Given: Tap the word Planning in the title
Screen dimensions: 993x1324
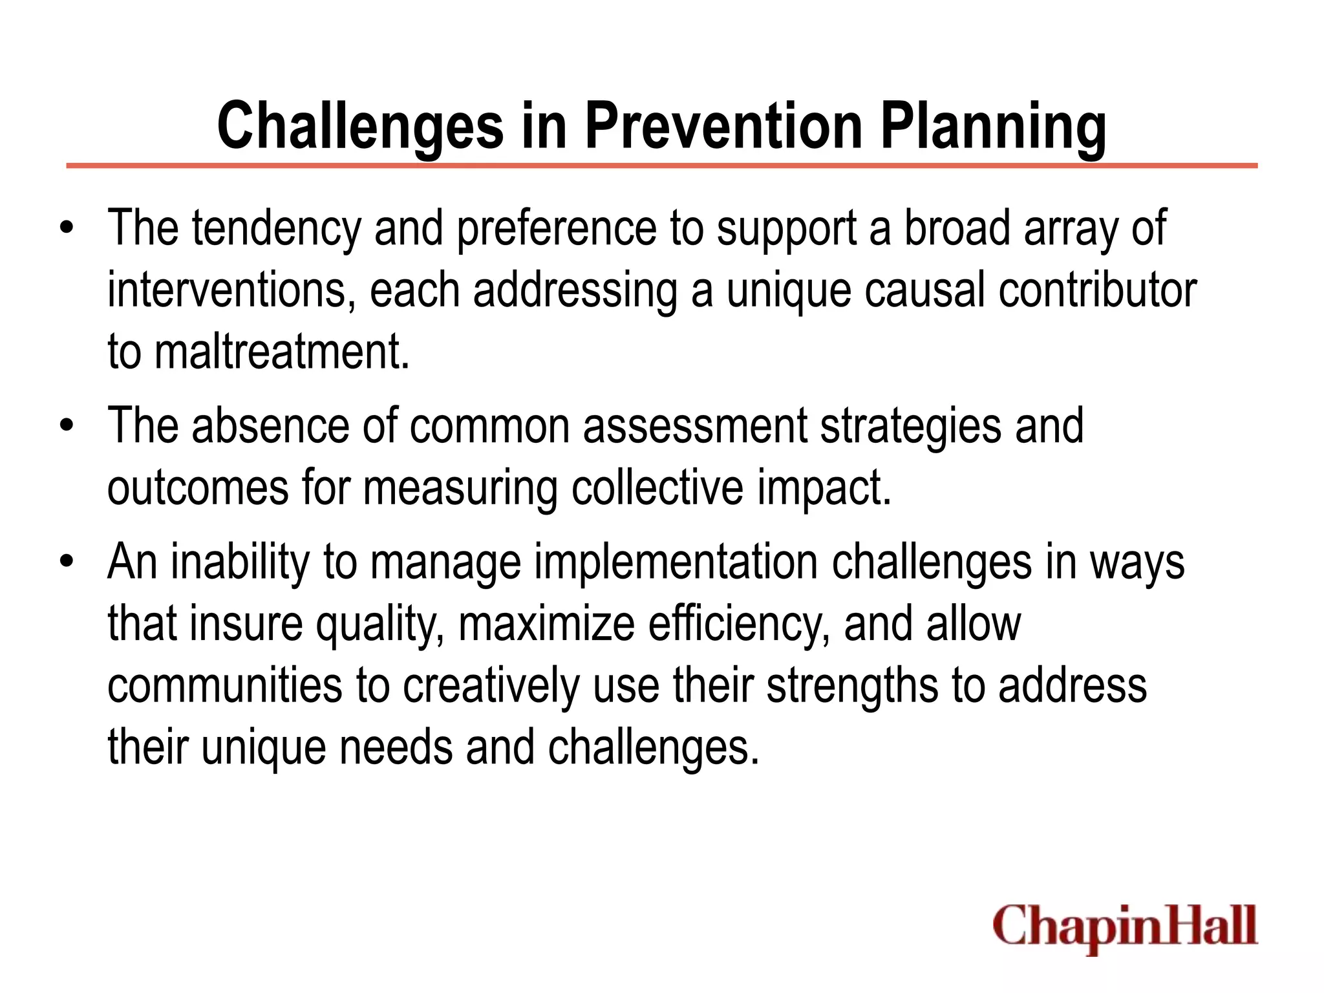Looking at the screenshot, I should point(994,126).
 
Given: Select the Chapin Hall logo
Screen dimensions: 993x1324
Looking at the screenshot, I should point(1125,926).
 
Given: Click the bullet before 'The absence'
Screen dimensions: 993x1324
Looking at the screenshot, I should point(67,426).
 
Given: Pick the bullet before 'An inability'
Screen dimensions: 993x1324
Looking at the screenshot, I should point(67,562).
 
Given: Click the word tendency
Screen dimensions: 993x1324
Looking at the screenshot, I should point(276,230).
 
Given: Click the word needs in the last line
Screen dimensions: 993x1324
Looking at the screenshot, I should point(396,747).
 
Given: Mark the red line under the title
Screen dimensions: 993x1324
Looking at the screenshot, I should point(661,166).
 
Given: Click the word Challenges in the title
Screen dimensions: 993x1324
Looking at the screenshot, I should point(360,126).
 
